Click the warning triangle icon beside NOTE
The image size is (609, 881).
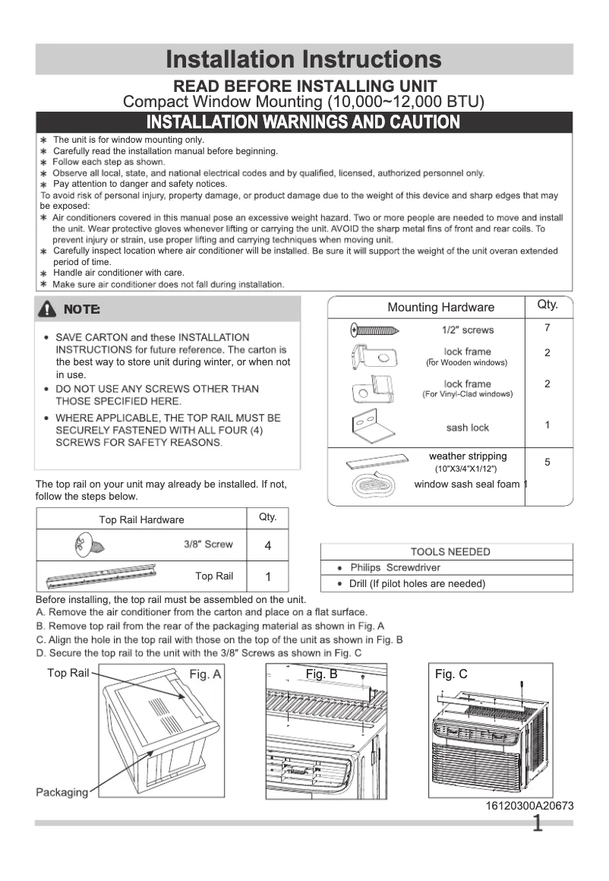pos(50,309)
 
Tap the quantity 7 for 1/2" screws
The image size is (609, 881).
pos(547,327)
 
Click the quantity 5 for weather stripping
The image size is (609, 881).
pos(547,462)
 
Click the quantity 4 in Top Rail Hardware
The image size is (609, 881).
pos(268,546)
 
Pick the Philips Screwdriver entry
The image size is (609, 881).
pos(395,567)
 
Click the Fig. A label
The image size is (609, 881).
pos(205,674)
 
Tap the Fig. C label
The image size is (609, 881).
pos(451,674)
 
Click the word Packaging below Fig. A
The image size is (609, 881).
pos(62,792)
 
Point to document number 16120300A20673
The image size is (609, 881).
pos(529,805)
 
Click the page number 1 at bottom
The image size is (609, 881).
pos(538,824)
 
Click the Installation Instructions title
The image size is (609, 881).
pos(304,59)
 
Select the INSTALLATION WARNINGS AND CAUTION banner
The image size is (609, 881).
pos(304,122)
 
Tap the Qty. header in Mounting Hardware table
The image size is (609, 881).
pos(547,305)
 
